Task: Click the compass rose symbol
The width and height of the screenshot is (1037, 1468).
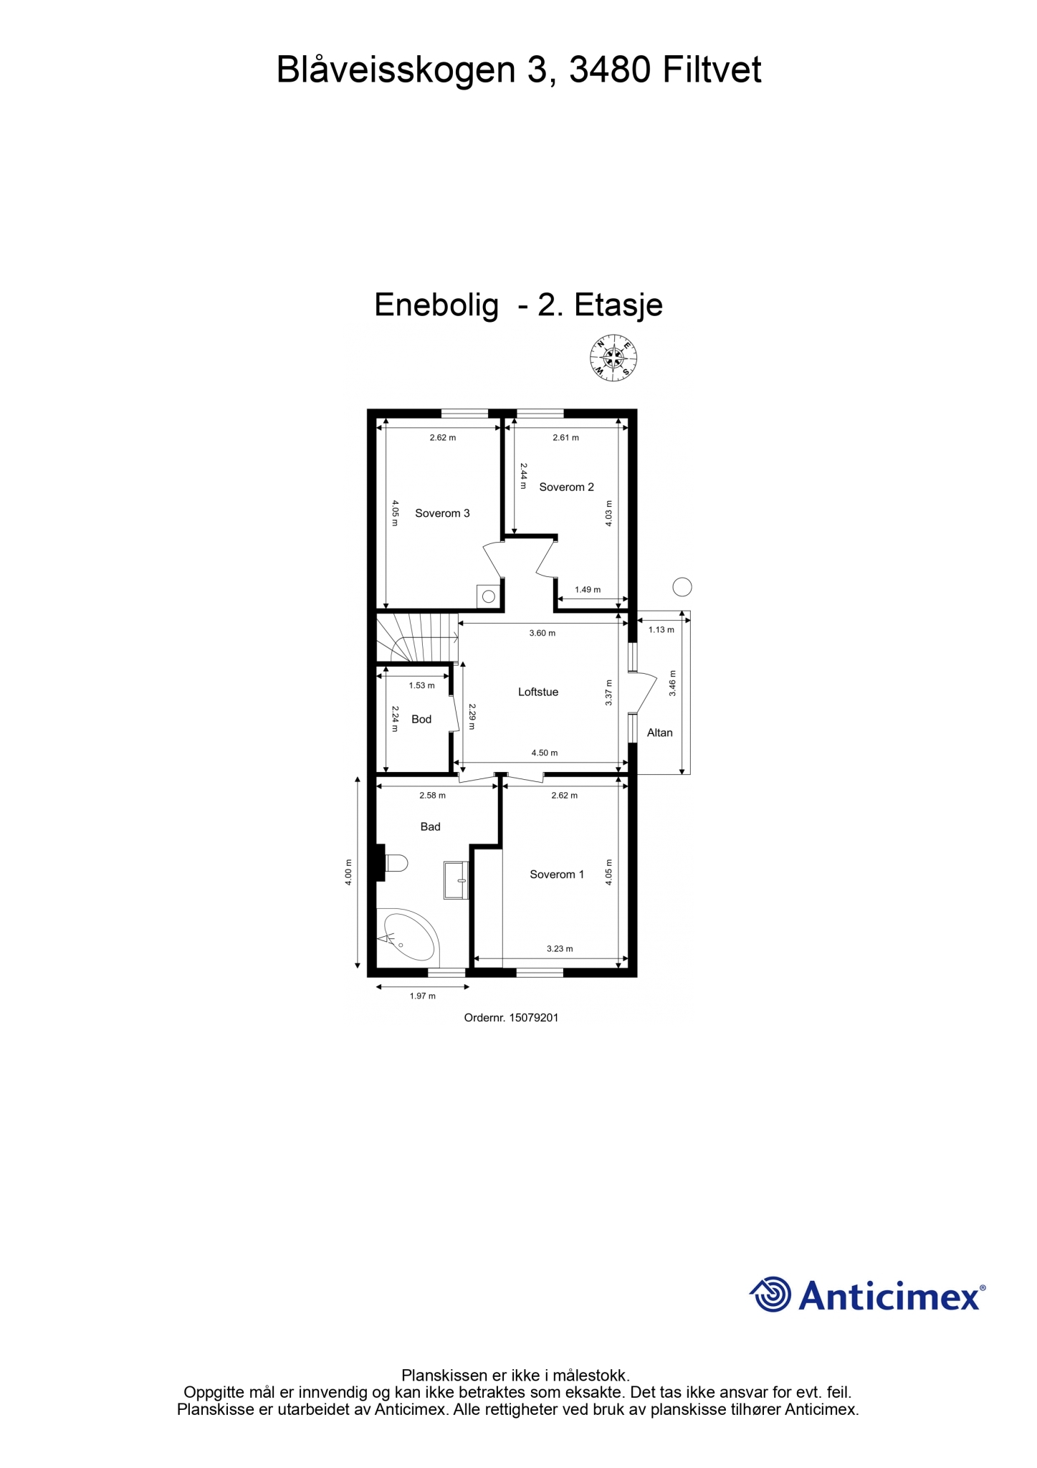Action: tap(613, 357)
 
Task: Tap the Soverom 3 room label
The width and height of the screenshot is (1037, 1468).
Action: tap(442, 513)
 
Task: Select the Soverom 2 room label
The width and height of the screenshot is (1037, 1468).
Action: tap(566, 487)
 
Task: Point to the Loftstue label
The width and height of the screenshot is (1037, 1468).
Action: tap(538, 692)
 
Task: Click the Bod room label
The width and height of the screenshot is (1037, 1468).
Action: tap(421, 719)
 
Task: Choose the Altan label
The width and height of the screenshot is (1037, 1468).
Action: tap(660, 733)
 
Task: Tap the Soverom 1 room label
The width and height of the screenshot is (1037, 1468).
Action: tap(557, 874)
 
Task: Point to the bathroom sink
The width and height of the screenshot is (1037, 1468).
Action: tap(456, 880)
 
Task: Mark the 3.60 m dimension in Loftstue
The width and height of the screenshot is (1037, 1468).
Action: tap(543, 633)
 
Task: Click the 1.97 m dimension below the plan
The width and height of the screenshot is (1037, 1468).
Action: tap(423, 996)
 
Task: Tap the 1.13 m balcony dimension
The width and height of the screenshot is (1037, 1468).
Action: tap(661, 629)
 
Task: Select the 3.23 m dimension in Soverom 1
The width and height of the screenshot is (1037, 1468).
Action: tap(560, 948)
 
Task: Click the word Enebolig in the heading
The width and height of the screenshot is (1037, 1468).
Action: tap(436, 305)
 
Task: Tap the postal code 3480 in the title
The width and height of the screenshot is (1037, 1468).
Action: tap(610, 70)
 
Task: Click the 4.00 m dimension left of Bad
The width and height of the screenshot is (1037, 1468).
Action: tap(348, 872)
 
